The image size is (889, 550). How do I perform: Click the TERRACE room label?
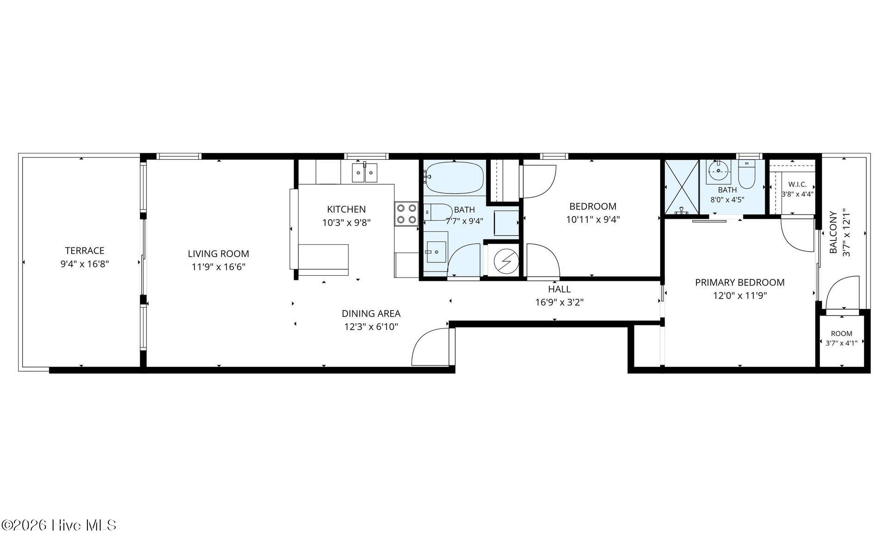tap(85, 251)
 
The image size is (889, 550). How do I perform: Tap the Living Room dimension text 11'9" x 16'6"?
tap(219, 267)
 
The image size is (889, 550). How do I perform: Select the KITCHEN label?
tap(346, 209)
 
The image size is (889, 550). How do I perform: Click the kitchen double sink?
tap(364, 172)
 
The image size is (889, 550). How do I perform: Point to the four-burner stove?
tap(407, 214)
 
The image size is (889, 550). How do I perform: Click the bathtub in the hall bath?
tap(454, 177)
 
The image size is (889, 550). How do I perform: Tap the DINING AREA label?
tap(371, 314)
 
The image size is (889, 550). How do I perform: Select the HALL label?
tap(559, 290)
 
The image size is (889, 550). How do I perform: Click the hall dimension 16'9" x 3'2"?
tap(559, 303)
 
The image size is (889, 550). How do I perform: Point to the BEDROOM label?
tap(593, 207)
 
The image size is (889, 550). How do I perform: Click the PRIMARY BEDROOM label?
tap(740, 283)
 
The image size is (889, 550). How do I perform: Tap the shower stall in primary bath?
tap(682, 187)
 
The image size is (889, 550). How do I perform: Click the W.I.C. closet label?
tap(797, 184)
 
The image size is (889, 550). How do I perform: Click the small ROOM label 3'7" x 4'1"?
tap(841, 334)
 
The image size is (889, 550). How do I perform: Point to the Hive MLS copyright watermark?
tap(59, 525)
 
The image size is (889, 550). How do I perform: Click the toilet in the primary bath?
tap(746, 175)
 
